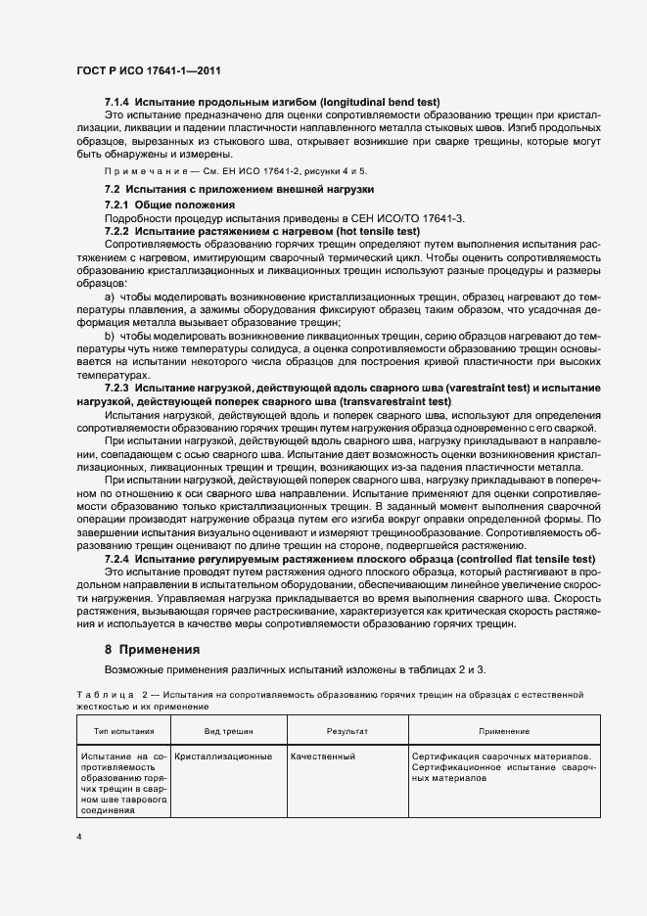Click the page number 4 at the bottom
[x=79, y=838]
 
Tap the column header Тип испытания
[x=123, y=731]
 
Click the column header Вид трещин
[x=226, y=731]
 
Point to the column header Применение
[x=504, y=731]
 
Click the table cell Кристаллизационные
[x=224, y=756]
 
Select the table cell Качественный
[x=322, y=756]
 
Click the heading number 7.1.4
[x=117, y=103]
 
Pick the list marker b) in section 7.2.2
[x=109, y=336]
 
